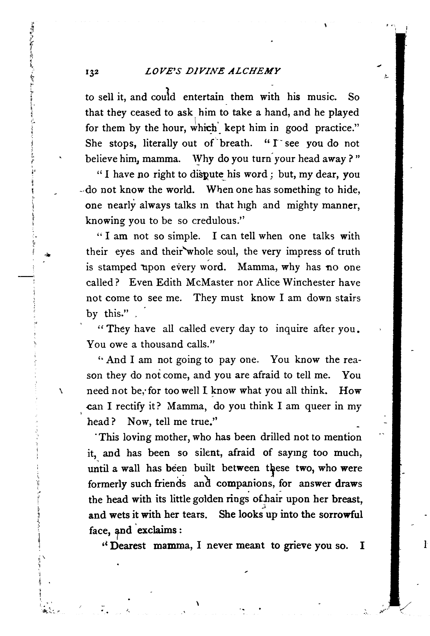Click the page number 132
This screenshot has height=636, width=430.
click(x=92, y=72)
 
